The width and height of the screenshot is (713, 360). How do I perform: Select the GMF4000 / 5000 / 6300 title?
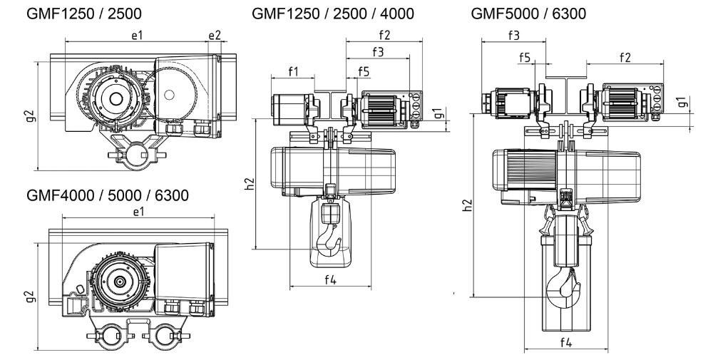coord(108,195)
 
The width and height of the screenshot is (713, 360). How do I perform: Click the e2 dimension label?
coord(215,35)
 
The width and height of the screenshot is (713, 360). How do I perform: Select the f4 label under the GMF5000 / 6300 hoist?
coord(565,342)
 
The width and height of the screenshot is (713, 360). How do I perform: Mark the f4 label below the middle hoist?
coord(330,279)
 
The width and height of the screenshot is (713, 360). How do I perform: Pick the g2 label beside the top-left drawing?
coord(29,115)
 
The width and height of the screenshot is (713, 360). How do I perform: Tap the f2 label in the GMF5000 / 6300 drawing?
coord(625,57)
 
